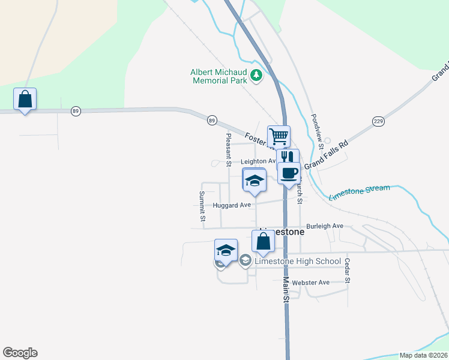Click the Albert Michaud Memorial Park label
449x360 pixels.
(x=218, y=76)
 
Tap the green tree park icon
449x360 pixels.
(x=257, y=75)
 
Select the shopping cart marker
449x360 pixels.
(x=279, y=137)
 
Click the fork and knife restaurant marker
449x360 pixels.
(x=288, y=157)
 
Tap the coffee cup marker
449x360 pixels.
(x=288, y=173)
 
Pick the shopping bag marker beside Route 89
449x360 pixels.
(x=25, y=100)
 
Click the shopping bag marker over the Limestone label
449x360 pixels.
(x=263, y=242)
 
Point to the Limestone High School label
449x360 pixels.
(x=298, y=262)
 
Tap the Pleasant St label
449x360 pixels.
(x=228, y=146)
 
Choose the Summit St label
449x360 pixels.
(x=202, y=205)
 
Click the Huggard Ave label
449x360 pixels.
(x=232, y=205)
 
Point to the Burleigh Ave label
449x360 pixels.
(x=324, y=226)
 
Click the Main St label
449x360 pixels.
(x=286, y=289)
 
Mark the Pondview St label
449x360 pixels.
(x=317, y=131)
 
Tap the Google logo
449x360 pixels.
(x=20, y=353)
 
